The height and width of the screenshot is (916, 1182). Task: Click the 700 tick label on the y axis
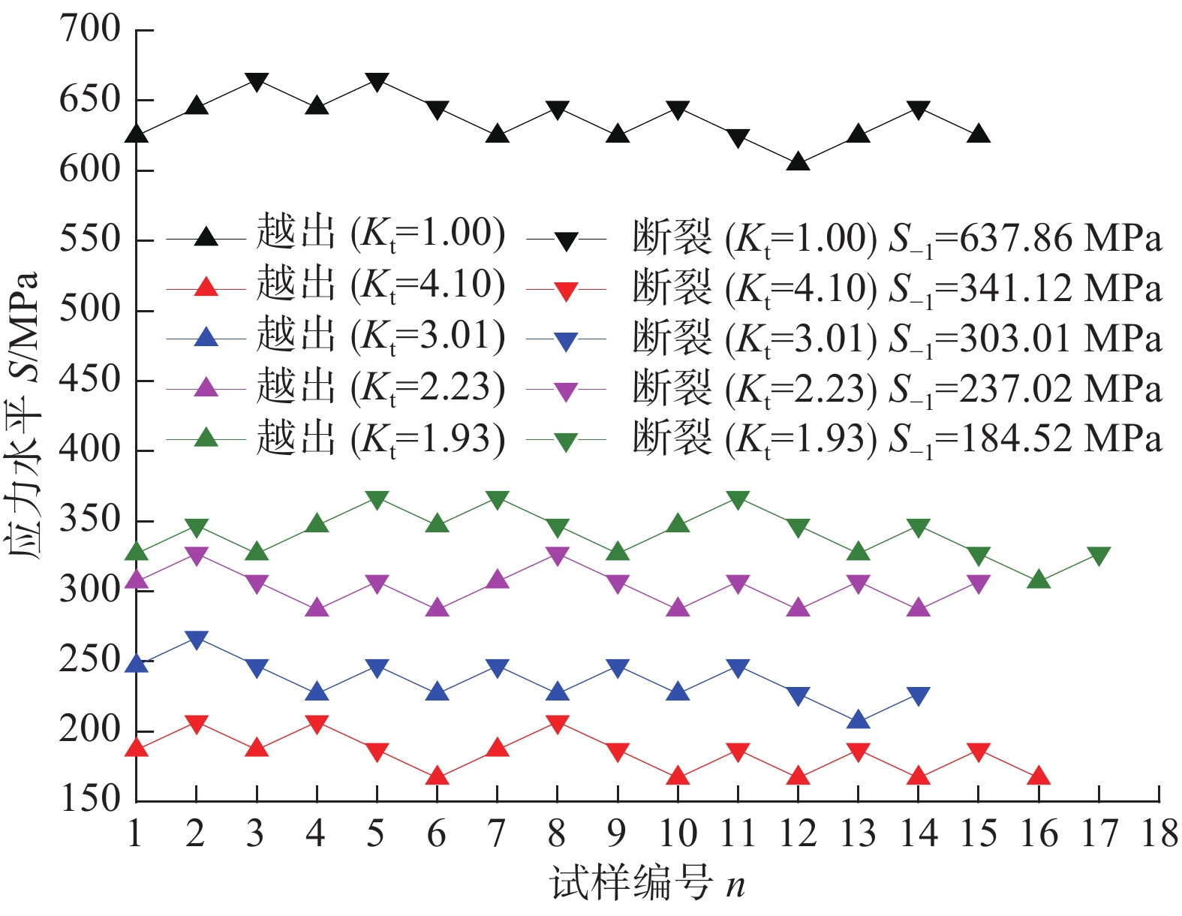(x=90, y=30)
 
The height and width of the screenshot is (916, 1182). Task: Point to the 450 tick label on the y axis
(x=90, y=380)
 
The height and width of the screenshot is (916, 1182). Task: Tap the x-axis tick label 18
(x=1159, y=834)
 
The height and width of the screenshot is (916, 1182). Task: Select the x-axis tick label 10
(x=677, y=834)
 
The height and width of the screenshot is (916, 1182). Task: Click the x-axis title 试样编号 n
(x=648, y=883)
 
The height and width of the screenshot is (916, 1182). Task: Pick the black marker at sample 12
(x=799, y=161)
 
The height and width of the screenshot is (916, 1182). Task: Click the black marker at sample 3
(x=257, y=82)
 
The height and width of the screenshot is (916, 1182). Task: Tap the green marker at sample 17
(x=1099, y=556)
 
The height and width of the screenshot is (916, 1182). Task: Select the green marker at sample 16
(x=1039, y=580)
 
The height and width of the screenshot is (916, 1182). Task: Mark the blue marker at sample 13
(x=858, y=719)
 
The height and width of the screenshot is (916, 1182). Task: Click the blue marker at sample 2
(x=196, y=640)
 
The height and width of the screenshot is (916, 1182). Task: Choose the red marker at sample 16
(x=1039, y=776)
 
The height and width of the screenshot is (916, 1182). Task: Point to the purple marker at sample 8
(x=557, y=556)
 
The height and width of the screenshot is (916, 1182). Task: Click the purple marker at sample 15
(x=979, y=583)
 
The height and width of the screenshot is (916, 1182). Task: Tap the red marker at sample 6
(x=437, y=776)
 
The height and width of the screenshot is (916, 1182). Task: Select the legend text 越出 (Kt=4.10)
(x=380, y=285)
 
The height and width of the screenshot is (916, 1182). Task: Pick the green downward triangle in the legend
(x=566, y=441)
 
